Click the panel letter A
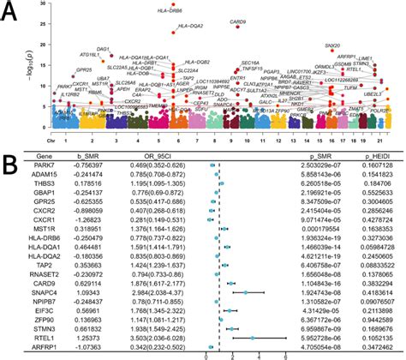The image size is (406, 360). pyautogui.click(x=12, y=9)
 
